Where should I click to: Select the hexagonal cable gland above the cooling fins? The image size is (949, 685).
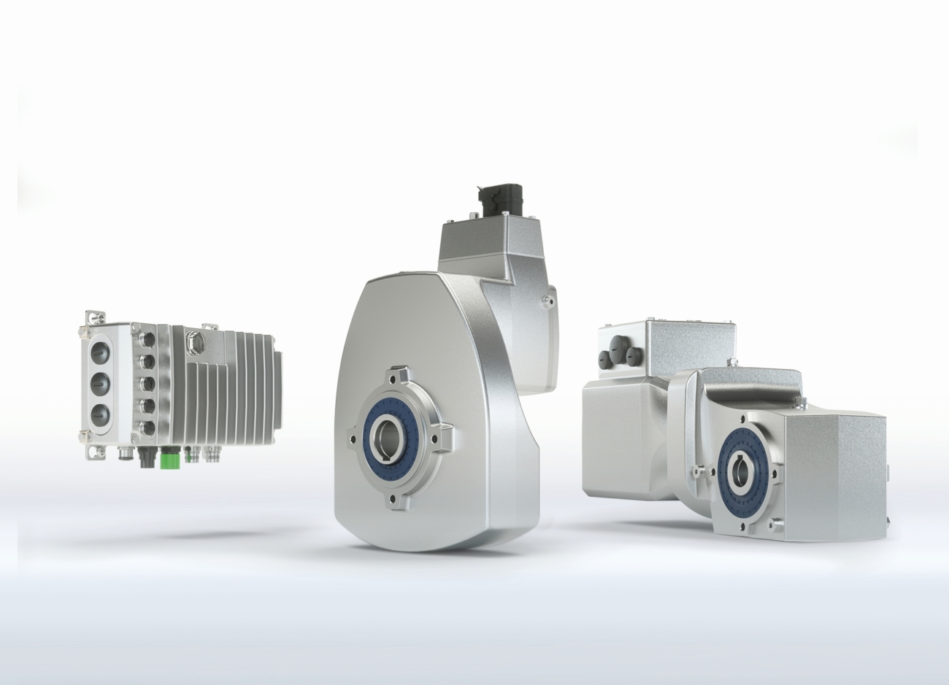[194, 340]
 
